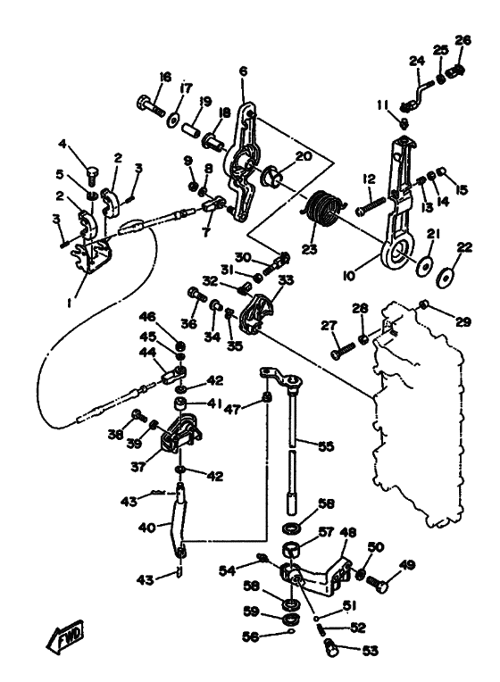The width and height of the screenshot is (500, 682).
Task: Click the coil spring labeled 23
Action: point(322,208)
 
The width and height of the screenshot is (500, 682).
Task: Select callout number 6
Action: point(243,71)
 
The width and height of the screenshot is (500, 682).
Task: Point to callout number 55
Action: point(327,446)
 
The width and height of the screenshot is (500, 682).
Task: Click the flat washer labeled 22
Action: point(446,276)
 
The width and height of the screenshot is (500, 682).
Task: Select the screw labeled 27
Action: point(344,351)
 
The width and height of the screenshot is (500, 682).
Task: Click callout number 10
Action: point(350,276)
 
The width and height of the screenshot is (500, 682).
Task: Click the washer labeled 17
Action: point(173,119)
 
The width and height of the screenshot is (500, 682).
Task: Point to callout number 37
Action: point(137,467)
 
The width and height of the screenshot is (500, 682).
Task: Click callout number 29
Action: point(463,321)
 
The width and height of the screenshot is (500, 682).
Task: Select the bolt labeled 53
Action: point(332,646)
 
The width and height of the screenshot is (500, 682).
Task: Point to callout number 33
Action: point(286,279)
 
